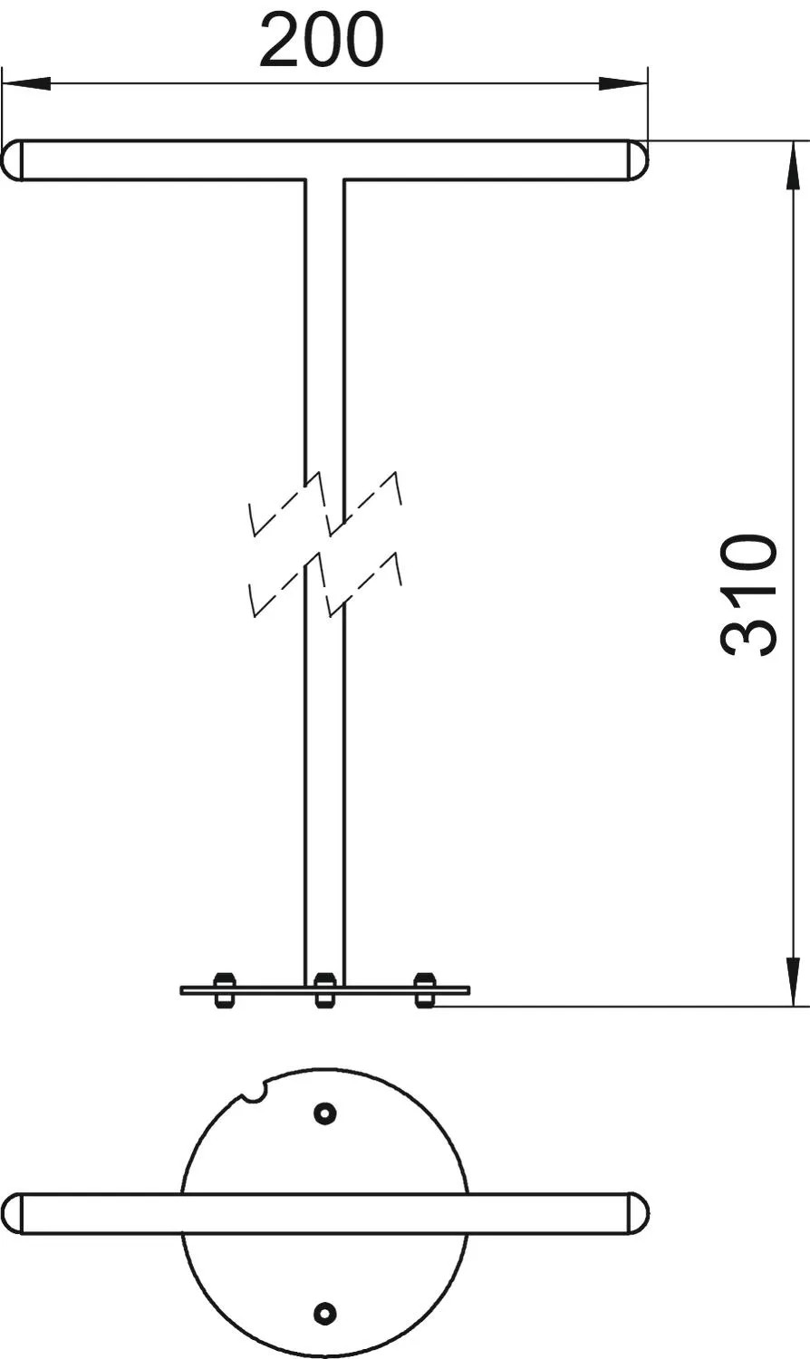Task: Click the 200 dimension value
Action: pos(323,40)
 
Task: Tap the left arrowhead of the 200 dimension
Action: pos(26,83)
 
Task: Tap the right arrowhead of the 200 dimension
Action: pos(623,83)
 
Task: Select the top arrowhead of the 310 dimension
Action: pos(793,165)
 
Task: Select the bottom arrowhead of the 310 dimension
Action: pos(793,982)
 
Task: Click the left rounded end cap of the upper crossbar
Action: pos(12,160)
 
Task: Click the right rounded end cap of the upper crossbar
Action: pos(638,160)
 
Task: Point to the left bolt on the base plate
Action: pos(225,991)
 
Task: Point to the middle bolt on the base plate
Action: pos(324,991)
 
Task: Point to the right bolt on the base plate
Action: pos(424,991)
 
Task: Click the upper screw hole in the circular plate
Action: pos(325,1113)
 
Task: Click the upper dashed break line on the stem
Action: pos(325,504)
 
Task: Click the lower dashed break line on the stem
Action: pos(325,583)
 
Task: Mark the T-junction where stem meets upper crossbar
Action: pos(324,180)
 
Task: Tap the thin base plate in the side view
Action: pos(324,991)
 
